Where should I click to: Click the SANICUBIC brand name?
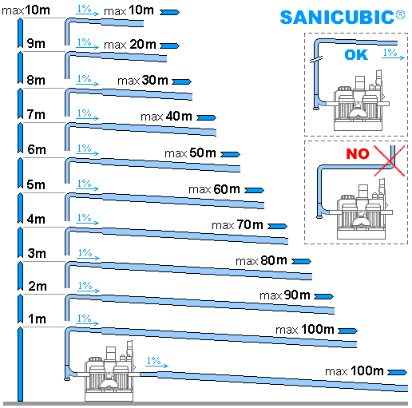click(343, 18)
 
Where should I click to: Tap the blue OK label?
click(356, 55)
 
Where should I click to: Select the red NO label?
click(358, 153)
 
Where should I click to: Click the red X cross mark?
click(389, 160)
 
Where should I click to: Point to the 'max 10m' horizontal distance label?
click(129, 10)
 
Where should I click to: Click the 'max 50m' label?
click(190, 153)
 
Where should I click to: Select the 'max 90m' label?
click(285, 295)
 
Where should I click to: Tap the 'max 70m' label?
click(237, 225)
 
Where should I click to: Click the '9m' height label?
click(36, 43)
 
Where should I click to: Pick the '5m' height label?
click(36, 184)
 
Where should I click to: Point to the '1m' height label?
click(37, 319)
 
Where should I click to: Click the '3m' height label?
click(37, 253)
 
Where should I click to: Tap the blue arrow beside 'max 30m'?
click(181, 81)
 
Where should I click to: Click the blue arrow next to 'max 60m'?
click(254, 190)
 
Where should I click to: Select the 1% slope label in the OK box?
click(394, 53)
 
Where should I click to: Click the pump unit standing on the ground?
click(109, 372)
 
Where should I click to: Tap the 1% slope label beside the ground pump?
click(157, 362)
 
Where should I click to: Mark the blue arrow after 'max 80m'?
click(301, 261)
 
